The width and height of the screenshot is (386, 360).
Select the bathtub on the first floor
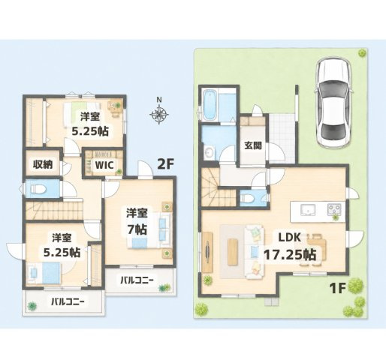pyautogui.click(x=210, y=105)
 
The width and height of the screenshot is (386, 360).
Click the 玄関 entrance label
pyautogui.click(x=253, y=145)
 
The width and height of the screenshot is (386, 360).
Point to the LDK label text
pyautogui.click(x=290, y=237)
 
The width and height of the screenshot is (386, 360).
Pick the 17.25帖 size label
pyautogui.click(x=290, y=255)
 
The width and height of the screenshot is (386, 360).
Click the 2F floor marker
pyautogui.click(x=165, y=164)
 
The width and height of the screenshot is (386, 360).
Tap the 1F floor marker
pyautogui.click(x=337, y=289)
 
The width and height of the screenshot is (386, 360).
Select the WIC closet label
pyautogui.click(x=104, y=165)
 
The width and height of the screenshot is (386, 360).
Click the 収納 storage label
pyautogui.click(x=43, y=164)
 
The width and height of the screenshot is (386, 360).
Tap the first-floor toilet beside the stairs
pyautogui.click(x=248, y=198)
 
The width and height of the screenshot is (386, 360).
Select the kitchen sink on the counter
pyautogui.click(x=308, y=209)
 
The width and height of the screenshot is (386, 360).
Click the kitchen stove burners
pyautogui.click(x=334, y=209)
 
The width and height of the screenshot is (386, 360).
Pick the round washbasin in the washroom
pyautogui.click(x=209, y=152)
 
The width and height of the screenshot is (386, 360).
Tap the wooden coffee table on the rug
pyautogui.click(x=232, y=251)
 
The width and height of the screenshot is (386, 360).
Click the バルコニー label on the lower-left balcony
pyautogui.click(x=68, y=301)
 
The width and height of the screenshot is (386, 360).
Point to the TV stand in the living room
pyautogui.click(x=207, y=252)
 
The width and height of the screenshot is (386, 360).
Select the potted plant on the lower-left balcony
pyautogui.click(x=32, y=305)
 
